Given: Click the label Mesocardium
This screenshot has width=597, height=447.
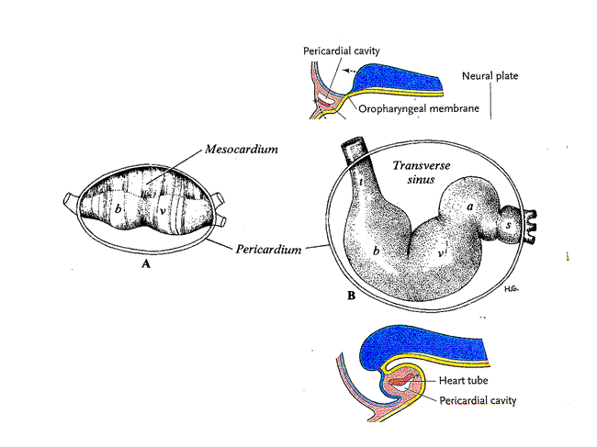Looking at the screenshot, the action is (x=242, y=149).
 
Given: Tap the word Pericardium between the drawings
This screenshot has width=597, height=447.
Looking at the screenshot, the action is (x=268, y=249).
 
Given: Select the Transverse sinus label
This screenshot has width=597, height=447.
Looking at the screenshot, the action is (x=421, y=172).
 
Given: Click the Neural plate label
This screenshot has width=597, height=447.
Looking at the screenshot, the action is (x=490, y=75).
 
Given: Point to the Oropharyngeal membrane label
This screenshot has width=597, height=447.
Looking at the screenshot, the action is (x=419, y=108).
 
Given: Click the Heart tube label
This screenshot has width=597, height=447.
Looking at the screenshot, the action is (x=463, y=380).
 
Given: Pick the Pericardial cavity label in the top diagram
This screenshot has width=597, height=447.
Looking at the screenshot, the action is (x=341, y=50).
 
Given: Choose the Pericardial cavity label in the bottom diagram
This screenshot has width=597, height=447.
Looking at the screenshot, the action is (x=478, y=400).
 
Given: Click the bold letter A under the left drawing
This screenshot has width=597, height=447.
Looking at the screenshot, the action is (x=146, y=263).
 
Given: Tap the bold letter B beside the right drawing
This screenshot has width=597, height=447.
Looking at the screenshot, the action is (x=352, y=296).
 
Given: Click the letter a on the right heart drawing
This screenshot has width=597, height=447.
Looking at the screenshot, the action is (x=470, y=207).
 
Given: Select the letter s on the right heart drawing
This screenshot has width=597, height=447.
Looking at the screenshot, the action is (x=508, y=225).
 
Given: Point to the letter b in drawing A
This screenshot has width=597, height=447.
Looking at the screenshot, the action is (x=118, y=208).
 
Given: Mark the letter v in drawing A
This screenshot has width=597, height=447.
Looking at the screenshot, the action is (x=163, y=210).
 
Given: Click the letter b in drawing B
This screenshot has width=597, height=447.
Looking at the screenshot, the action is (x=377, y=251).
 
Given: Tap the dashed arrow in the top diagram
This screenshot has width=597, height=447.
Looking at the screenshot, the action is (x=352, y=71).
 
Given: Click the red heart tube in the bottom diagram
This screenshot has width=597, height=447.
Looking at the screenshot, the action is (x=401, y=380).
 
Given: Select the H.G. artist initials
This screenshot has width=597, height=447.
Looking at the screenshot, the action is (x=512, y=289).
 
